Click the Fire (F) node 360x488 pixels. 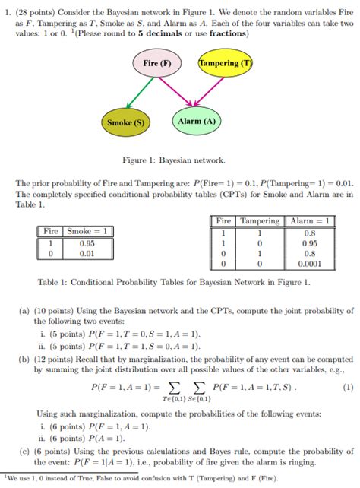[x=156, y=63]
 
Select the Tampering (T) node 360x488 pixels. [x=224, y=63]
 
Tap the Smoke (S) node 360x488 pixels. [x=126, y=122]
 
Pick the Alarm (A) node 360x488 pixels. [x=196, y=122]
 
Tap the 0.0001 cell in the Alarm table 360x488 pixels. [x=309, y=264]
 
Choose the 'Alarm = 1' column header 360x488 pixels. [x=309, y=221]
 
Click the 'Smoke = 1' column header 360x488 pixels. [x=90, y=232]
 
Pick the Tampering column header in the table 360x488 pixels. [x=259, y=221]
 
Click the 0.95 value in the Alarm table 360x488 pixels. [x=309, y=243]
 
